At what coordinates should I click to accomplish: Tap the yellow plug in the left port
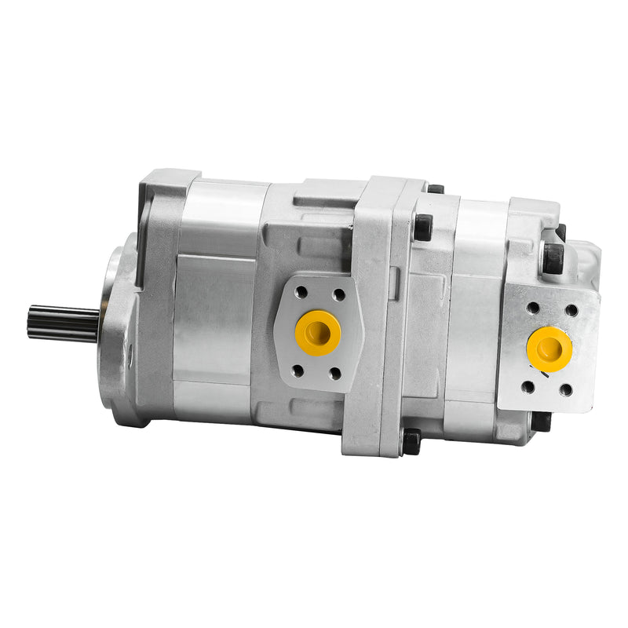(x=318, y=331)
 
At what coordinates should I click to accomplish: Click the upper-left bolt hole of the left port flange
(x=301, y=292)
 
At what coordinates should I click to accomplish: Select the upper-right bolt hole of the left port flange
(x=338, y=294)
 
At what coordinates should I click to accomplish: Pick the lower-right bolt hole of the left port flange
(x=336, y=373)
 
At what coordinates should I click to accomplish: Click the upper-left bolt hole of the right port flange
(x=534, y=308)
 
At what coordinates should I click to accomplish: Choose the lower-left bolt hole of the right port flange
(x=528, y=386)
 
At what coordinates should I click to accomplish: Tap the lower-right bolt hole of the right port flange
(x=565, y=390)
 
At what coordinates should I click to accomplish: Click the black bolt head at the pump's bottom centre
(x=411, y=442)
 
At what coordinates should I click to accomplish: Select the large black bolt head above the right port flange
(x=553, y=257)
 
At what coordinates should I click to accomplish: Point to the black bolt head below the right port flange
(x=542, y=422)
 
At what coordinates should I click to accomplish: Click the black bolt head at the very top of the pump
(x=434, y=188)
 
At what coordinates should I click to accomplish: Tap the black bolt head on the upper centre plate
(x=422, y=228)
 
